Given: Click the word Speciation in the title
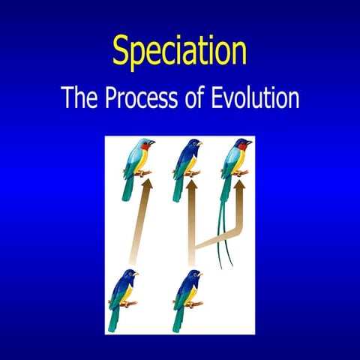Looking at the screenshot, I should pyautogui.click(x=179, y=50).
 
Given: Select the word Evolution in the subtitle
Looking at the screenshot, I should pyautogui.click(x=256, y=97).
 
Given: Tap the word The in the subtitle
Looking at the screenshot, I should pyautogui.click(x=78, y=97).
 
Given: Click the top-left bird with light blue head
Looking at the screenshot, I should pyautogui.click(x=136, y=161).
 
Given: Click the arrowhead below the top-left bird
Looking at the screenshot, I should pyautogui.click(x=146, y=184).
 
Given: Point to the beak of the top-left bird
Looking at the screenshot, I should pyautogui.click(x=153, y=142).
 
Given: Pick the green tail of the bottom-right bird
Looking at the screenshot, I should pyautogui.click(x=178, y=319).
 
